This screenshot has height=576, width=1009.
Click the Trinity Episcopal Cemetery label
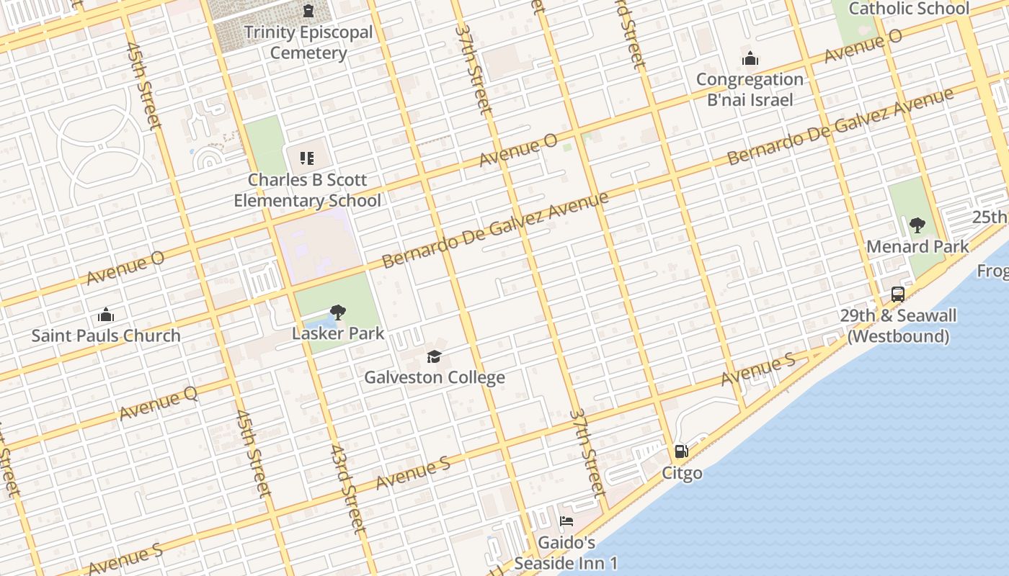308,42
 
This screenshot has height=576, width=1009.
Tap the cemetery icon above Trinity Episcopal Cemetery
308,11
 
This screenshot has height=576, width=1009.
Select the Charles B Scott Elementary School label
308,190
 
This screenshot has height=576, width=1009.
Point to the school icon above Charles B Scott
307,158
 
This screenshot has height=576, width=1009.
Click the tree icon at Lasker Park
337,312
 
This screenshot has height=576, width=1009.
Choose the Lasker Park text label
338,334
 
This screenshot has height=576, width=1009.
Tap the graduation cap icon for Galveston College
434,356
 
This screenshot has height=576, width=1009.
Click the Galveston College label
434,377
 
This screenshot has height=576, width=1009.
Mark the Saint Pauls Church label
106,336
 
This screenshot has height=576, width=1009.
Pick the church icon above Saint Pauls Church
106,315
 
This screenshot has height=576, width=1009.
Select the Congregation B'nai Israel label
750,89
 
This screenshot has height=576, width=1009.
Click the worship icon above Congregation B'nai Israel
750,58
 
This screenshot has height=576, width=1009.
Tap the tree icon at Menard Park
917,225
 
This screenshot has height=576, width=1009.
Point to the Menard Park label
917,246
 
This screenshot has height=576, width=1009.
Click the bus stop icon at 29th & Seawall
897,294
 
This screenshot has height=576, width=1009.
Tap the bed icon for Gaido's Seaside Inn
566,521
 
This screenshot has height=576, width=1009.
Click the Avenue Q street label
159,403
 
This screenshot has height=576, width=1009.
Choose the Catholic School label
908,9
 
